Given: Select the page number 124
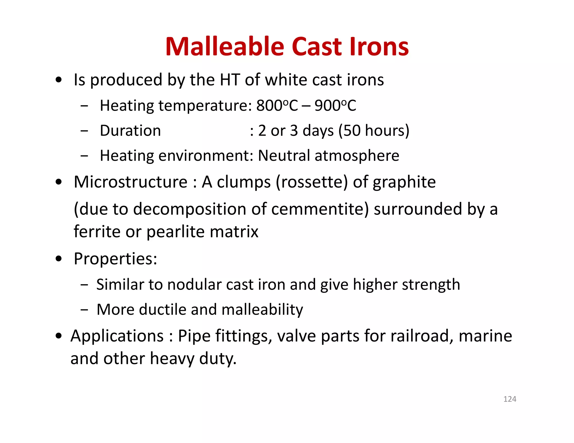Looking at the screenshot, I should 510,399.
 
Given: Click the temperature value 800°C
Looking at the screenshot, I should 277,106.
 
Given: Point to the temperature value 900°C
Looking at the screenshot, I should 335,106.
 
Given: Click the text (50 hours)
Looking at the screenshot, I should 374,131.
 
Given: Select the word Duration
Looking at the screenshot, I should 130,131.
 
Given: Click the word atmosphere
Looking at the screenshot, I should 357,156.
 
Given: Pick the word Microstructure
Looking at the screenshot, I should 130,182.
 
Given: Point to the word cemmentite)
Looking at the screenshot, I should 320,209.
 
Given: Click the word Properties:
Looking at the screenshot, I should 115,259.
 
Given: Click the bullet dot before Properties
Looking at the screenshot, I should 59,259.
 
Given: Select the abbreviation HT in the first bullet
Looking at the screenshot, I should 230,80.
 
